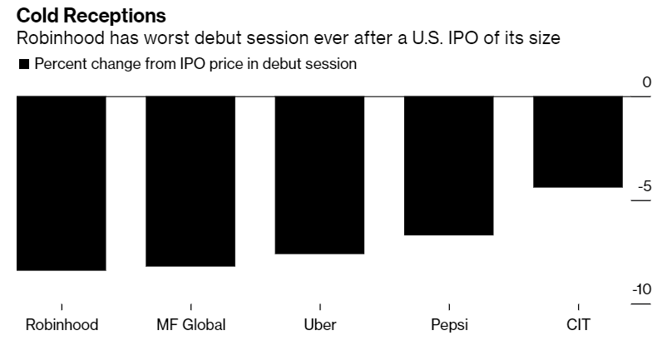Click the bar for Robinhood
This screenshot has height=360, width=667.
61,183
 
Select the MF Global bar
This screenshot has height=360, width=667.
190,181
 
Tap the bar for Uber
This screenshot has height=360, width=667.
319,175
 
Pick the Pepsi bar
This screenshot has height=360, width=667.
448,165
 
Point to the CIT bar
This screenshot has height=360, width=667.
578,141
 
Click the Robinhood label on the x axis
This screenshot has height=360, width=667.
62,324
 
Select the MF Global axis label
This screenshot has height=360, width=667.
190,324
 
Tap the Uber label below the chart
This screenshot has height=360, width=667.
320,324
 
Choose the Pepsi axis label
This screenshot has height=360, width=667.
449,324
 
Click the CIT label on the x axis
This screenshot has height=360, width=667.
578,324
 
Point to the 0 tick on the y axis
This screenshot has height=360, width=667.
646,82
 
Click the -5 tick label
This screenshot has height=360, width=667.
643,186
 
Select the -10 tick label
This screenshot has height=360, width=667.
640,289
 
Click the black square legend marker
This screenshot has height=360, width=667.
24,65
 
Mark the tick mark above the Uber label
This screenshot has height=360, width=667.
320,307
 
